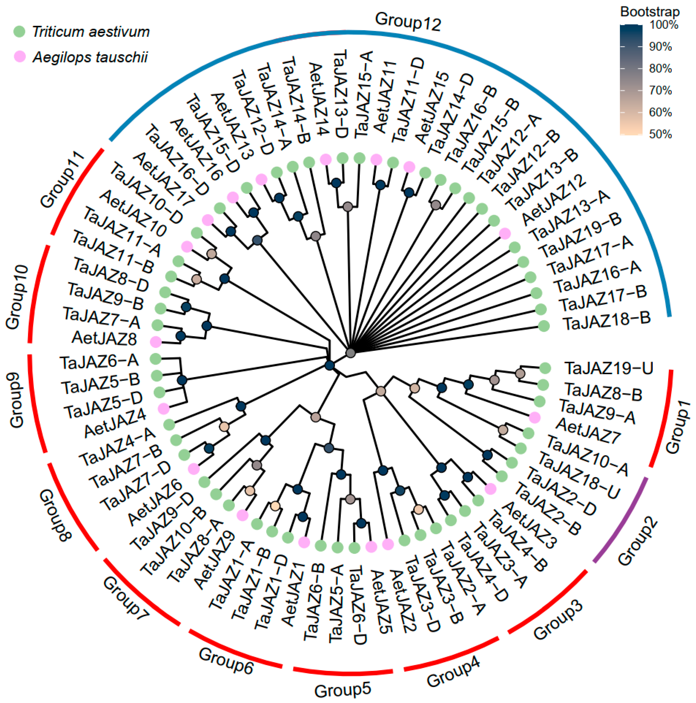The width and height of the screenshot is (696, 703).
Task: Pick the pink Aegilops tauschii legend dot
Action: click(19, 57)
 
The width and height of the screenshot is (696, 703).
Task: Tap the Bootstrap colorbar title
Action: click(650, 12)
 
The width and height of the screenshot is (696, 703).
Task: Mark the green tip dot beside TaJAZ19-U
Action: click(545, 368)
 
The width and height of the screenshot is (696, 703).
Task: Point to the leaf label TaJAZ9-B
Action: click(106, 296)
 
